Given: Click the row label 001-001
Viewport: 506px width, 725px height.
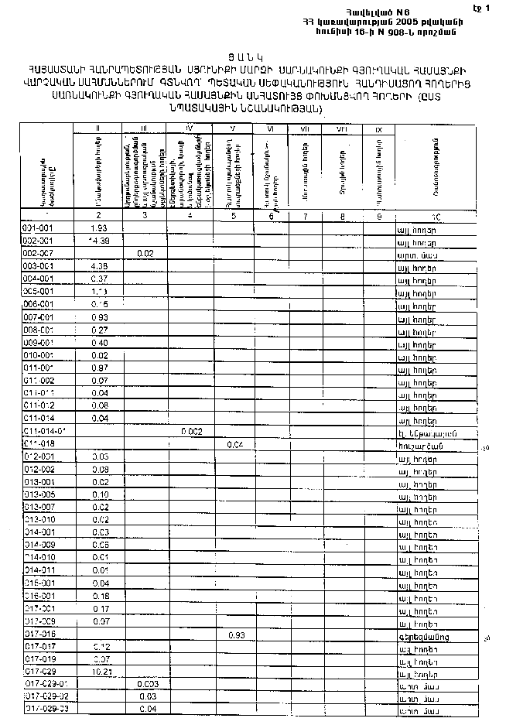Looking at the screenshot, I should pos(38,228).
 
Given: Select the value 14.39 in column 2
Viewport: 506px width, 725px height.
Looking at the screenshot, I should pos(97,241).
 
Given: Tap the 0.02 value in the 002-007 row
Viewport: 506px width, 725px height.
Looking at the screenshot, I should pos(145,253).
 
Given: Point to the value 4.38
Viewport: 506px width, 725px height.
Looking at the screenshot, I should pos(98,266).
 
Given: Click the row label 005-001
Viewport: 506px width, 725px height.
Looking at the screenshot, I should pos(38,291).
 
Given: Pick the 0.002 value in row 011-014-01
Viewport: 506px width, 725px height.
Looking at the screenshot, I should pos(191,430).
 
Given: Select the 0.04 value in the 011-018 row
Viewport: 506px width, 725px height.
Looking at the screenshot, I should pos(236,444).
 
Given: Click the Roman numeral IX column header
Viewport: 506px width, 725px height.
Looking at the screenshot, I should pos(378,129).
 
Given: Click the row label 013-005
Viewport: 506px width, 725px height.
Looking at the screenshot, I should pos(38,494).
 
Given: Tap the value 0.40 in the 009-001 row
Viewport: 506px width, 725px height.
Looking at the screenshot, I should pos(99,342).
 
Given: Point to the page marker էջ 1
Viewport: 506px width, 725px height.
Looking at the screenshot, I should pos(485,8).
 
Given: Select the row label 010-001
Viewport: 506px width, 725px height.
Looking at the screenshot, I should pos(38,354).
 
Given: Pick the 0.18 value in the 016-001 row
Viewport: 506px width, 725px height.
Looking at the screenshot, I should pos(99,596).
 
